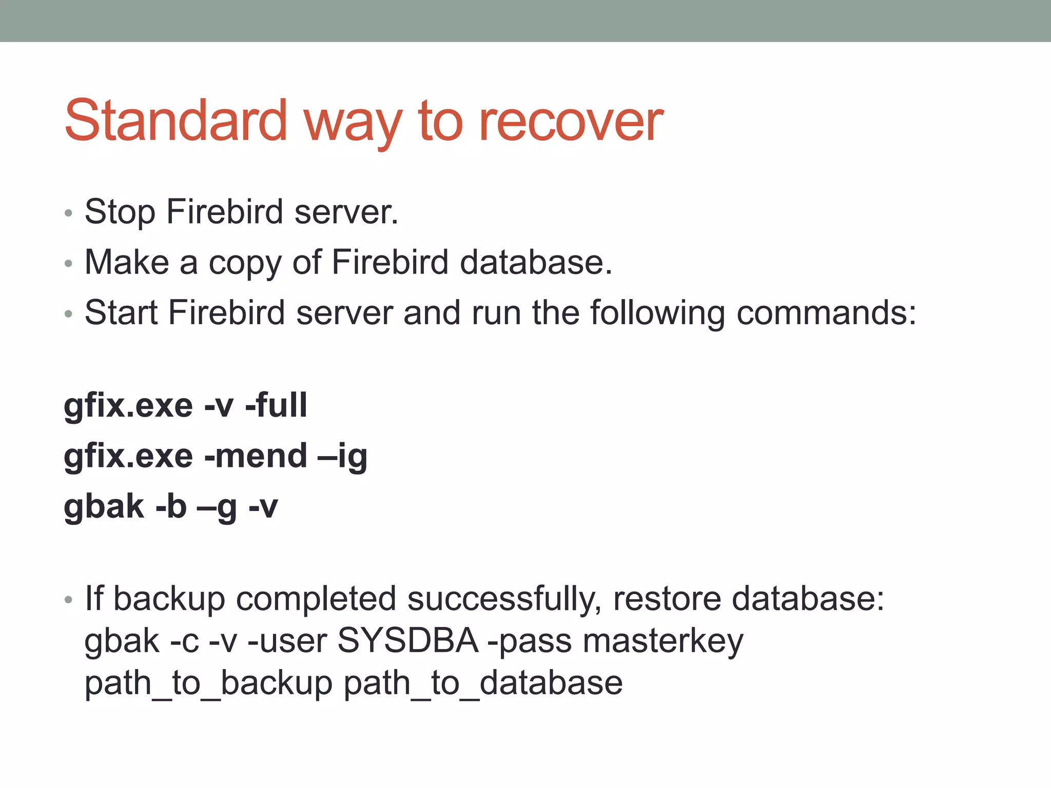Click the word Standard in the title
(176, 121)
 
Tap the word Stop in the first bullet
(120, 212)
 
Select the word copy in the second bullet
(245, 263)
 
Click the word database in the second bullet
(535, 262)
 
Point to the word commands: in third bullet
(826, 313)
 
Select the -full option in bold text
(276, 405)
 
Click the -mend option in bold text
(256, 456)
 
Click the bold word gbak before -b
(104, 507)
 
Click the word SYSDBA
(408, 641)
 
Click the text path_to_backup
(208, 684)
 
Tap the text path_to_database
(483, 684)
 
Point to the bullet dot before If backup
(69, 600)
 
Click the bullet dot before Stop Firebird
(69, 213)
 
